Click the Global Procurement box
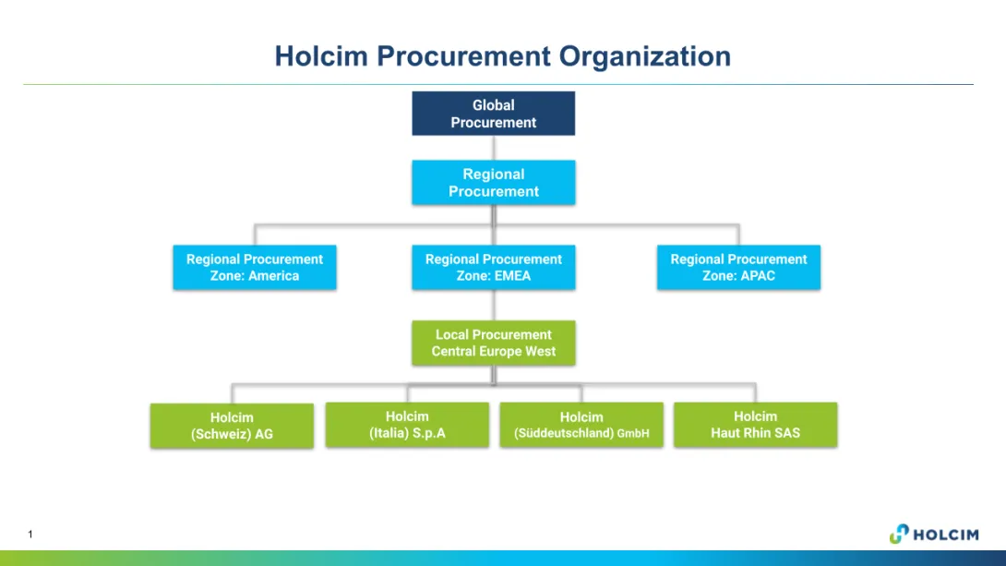(493, 114)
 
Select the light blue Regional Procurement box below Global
(493, 183)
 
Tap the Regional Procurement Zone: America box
(255, 268)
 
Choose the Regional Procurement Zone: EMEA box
(493, 268)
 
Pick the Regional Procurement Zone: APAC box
(738, 268)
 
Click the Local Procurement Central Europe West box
(493, 343)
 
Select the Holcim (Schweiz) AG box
(232, 426)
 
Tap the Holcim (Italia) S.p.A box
(407, 425)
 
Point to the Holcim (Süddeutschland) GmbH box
(581, 425)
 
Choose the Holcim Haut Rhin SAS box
(755, 425)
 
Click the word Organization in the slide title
(645, 56)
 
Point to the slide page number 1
(30, 535)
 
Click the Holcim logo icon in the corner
(899, 534)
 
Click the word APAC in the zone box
(757, 276)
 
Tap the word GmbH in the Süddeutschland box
(633, 434)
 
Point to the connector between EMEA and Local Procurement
(494, 306)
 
